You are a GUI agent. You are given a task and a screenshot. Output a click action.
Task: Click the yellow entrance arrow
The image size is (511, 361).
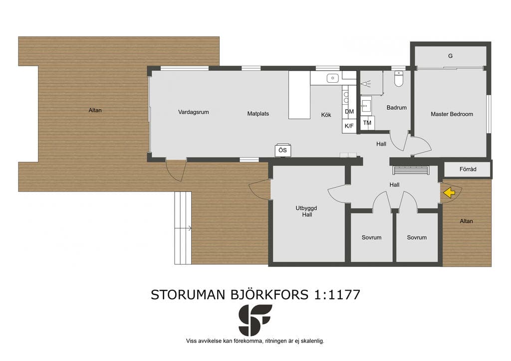450,192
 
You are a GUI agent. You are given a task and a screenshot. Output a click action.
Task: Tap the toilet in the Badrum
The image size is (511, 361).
399,78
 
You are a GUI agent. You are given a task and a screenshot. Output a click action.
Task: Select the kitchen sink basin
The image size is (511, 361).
333,78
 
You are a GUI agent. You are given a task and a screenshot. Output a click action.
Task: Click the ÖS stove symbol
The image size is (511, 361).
283,150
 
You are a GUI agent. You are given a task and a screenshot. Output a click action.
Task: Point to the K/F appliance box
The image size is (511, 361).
349,126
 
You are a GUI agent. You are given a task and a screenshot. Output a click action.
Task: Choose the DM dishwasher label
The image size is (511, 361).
349,111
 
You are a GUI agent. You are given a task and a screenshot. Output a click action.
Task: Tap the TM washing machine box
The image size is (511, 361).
367,123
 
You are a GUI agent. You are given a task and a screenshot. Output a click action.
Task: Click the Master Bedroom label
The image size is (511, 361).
452,114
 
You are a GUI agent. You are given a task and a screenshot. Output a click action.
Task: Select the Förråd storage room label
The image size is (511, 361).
468,169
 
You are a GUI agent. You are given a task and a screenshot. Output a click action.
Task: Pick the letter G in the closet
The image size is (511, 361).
451,56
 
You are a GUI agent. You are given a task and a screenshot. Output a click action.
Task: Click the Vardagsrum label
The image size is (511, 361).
193,112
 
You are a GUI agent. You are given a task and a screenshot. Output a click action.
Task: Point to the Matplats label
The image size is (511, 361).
258,114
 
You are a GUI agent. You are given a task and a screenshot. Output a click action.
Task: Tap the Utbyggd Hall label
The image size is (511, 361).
307,211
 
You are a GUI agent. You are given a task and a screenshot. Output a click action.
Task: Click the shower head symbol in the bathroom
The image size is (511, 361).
366,84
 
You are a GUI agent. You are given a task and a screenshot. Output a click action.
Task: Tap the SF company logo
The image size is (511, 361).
255,320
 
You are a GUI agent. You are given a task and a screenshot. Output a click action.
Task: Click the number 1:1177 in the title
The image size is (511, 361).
337,295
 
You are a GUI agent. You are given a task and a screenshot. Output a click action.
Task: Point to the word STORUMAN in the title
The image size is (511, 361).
188,295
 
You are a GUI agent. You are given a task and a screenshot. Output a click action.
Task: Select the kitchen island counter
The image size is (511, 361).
299,95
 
